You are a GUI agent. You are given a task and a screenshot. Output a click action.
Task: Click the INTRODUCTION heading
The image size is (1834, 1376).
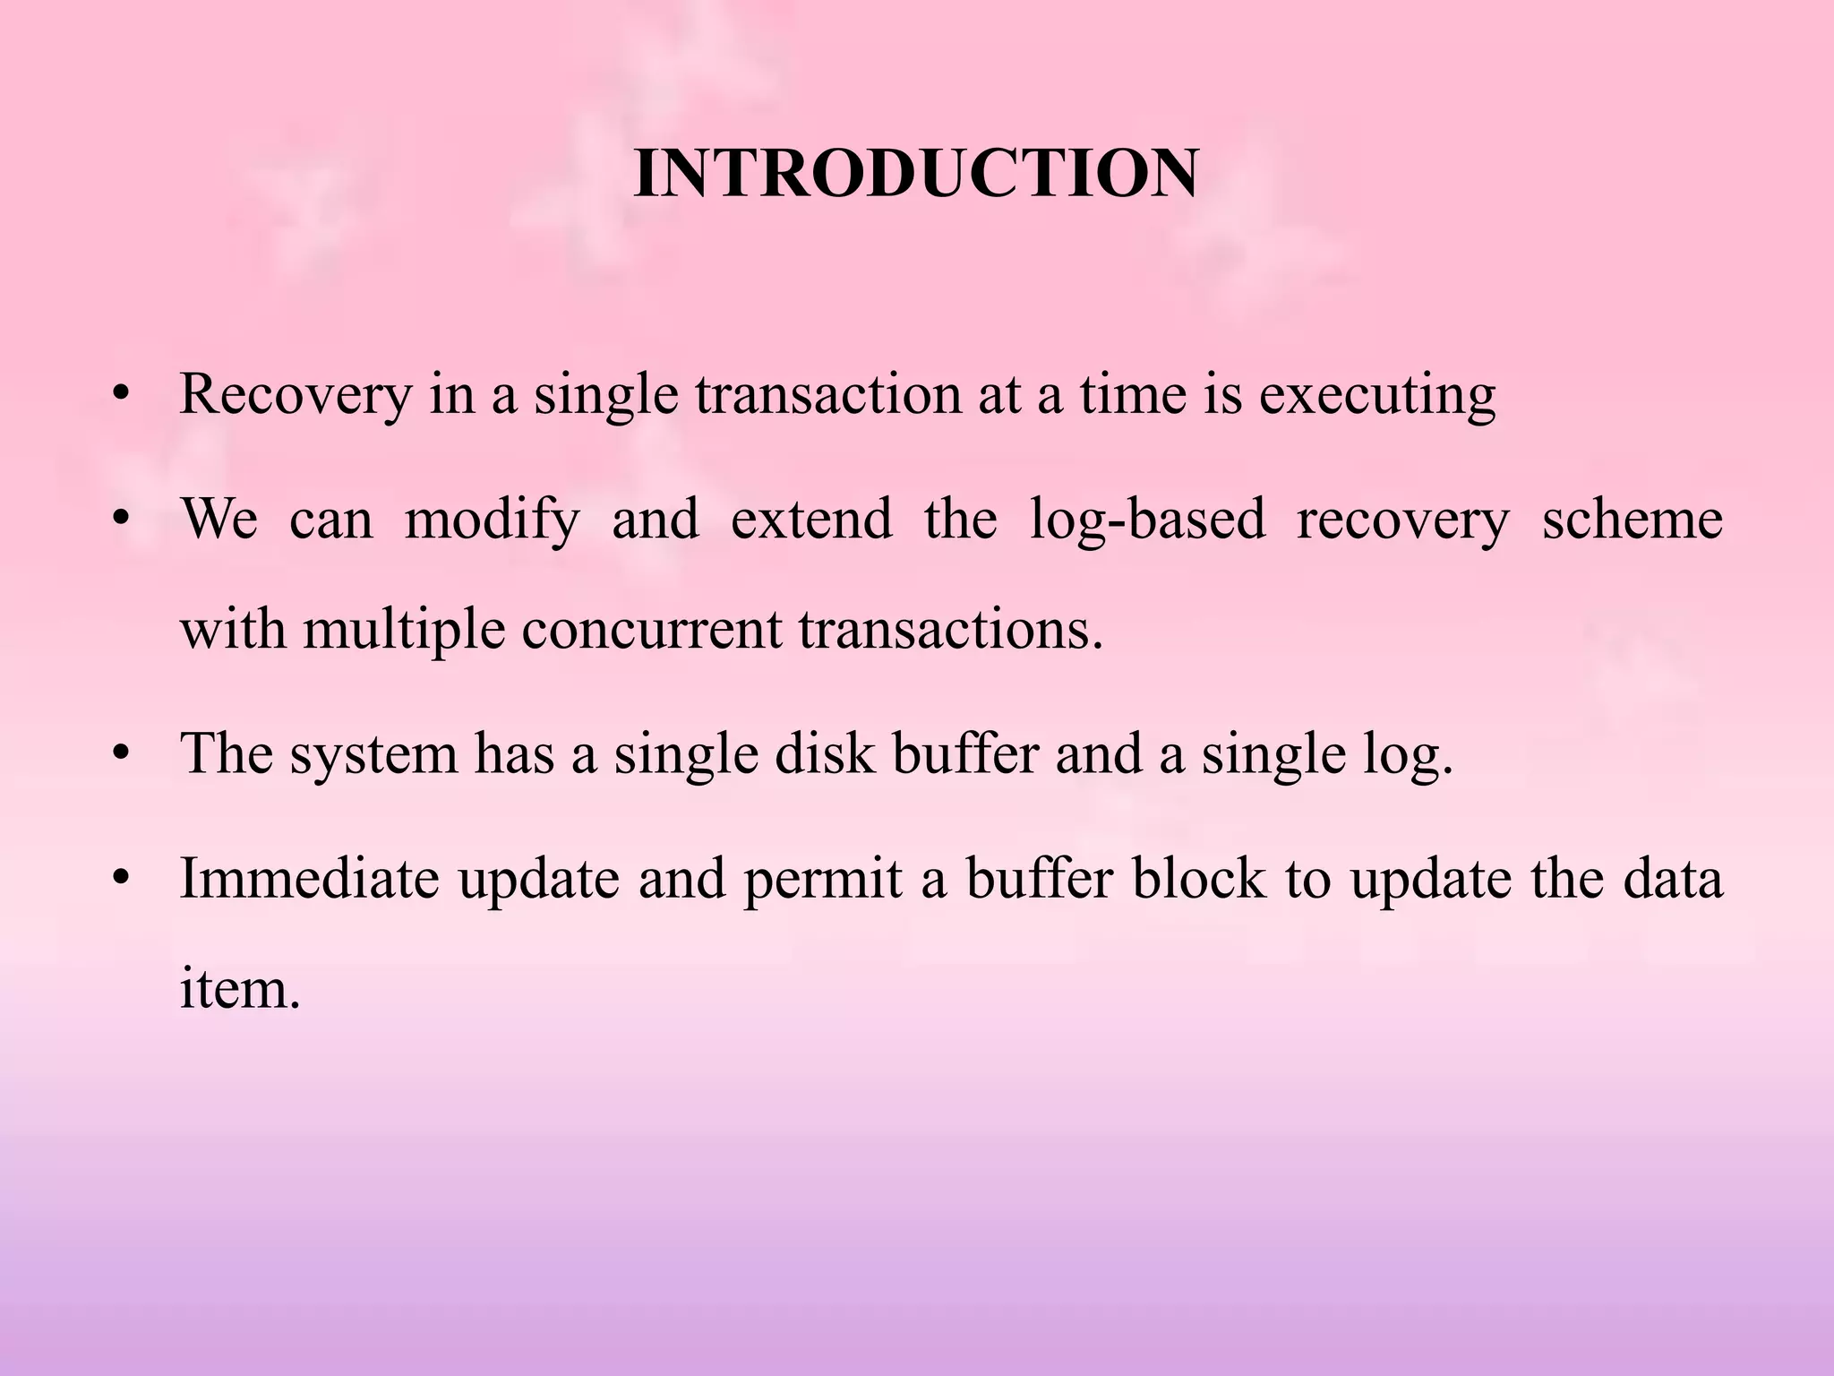pos(915,173)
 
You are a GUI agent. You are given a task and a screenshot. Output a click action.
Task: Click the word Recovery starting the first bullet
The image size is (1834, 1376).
pos(296,394)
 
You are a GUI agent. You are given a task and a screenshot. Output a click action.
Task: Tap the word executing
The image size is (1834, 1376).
pos(1377,394)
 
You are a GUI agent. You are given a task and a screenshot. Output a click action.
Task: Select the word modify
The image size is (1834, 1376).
pos(492,520)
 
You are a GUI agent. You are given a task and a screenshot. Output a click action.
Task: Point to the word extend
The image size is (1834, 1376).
pos(811,520)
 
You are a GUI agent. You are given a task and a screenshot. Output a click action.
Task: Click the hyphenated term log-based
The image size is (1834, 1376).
pos(1147,520)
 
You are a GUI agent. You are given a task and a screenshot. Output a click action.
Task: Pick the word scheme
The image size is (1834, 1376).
pos(1632,520)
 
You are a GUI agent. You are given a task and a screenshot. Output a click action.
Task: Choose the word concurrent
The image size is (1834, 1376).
pos(651,629)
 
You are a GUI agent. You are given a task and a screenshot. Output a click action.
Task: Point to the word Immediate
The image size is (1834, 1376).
pos(310,879)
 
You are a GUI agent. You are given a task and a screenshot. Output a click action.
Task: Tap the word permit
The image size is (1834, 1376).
pos(822,879)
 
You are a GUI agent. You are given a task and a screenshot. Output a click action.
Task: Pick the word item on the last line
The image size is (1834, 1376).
pos(239,989)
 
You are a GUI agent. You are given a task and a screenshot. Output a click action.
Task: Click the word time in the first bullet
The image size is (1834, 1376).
pos(1132,394)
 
